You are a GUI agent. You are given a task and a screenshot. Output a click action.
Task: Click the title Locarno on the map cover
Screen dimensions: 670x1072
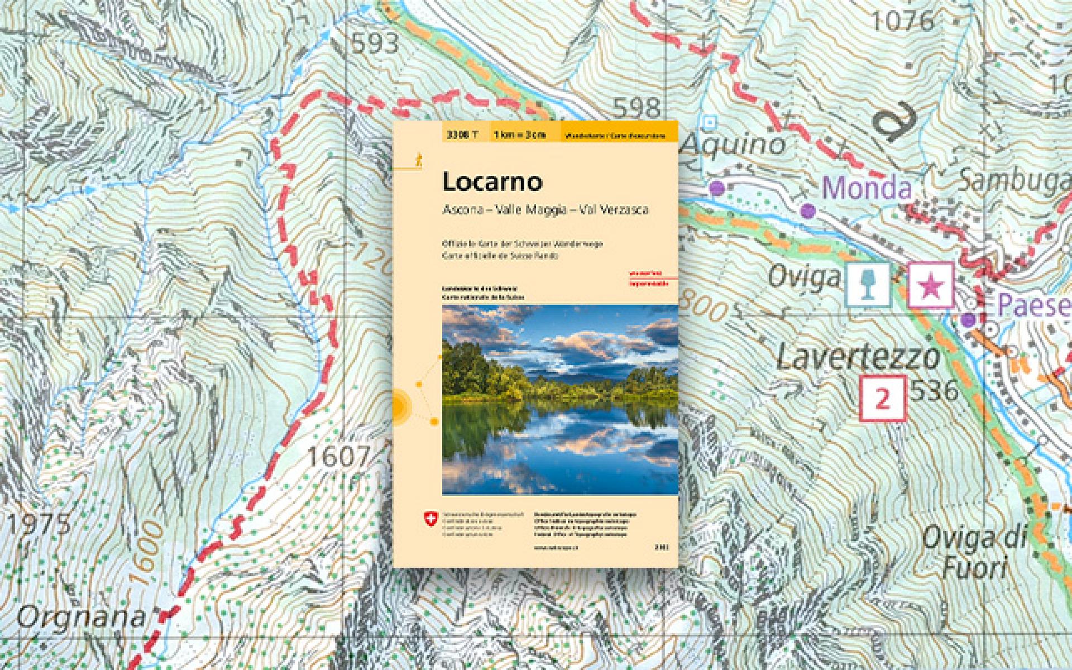(484, 182)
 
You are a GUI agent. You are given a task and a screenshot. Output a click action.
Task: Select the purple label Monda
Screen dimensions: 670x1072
(867, 188)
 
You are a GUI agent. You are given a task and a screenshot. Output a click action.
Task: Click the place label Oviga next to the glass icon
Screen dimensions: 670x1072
(805, 276)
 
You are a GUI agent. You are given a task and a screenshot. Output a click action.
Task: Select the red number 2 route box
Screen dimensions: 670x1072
(882, 399)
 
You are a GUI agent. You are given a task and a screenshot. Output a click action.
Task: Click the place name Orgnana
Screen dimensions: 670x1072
(81, 618)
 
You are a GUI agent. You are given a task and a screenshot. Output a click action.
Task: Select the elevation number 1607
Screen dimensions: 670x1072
(339, 458)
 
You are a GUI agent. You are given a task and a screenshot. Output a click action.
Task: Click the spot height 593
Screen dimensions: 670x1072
(375, 43)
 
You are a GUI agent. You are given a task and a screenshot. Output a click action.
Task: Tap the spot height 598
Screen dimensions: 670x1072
(636, 107)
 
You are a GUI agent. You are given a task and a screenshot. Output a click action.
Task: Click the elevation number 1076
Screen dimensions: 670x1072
(902, 22)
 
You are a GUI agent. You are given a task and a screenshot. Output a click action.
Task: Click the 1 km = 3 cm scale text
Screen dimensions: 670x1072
(519, 135)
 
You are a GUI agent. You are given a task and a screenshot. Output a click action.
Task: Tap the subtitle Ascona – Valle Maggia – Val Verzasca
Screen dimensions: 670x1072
(545, 210)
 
